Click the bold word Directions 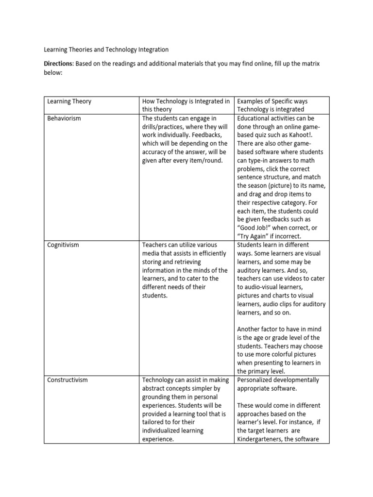pos(58,64)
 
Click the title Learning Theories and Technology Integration pos(106,50)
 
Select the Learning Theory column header pos(69,101)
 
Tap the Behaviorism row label pos(64,118)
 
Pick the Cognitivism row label pos(63,245)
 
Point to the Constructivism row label pos(68,380)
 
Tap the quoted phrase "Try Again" pos(254,236)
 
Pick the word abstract pos(154,389)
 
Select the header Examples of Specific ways pos(272,101)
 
